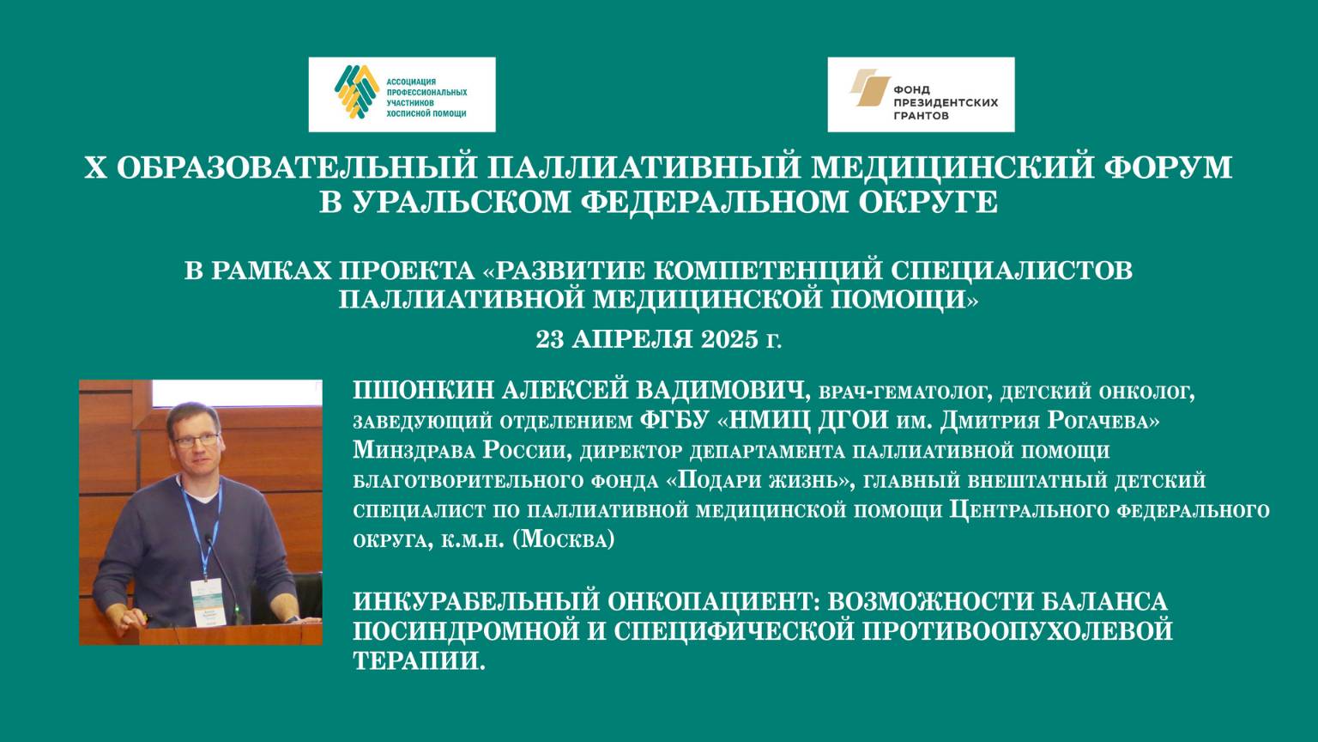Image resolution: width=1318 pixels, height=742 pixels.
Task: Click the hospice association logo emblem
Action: (356, 94)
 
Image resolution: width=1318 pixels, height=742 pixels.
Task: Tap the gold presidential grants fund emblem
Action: (868, 88)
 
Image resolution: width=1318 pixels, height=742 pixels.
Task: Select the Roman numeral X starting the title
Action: (94, 167)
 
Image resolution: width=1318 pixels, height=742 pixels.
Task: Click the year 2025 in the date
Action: (728, 338)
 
